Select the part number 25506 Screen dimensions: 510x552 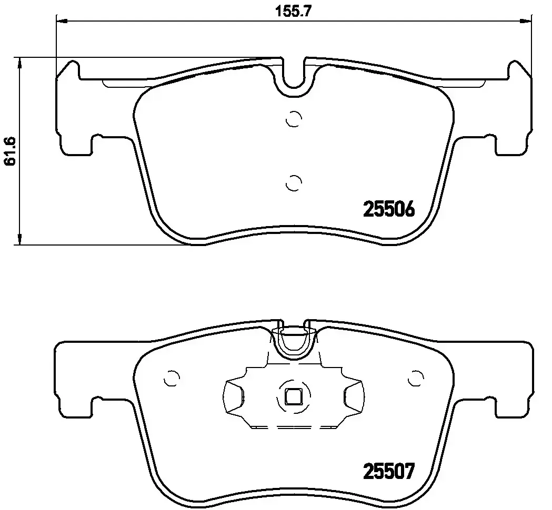pyautogui.click(x=389, y=210)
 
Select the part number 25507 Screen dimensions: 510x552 pyautogui.click(x=389, y=470)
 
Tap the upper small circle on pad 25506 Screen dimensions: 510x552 pyautogui.click(x=293, y=120)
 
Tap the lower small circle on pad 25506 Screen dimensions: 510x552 pyautogui.click(x=293, y=182)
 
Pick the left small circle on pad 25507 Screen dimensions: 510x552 pyautogui.click(x=172, y=378)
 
